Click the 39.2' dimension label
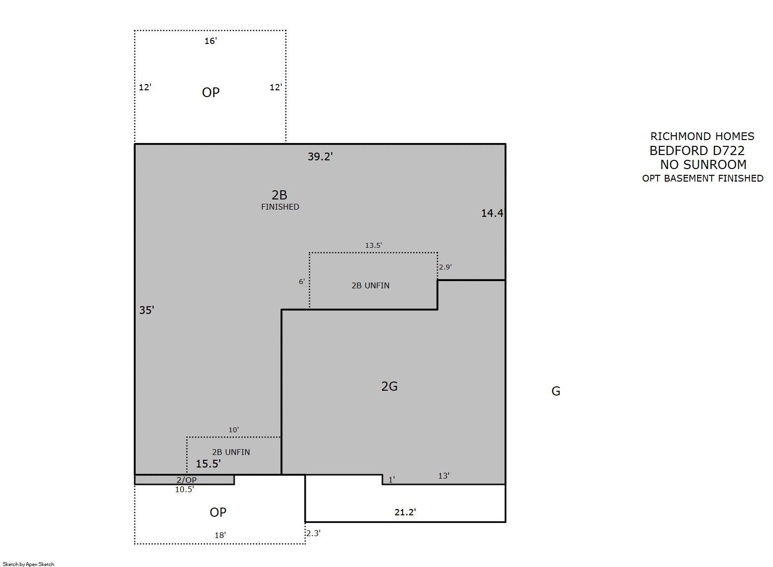320,156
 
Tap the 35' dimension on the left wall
146,310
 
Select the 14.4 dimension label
492,213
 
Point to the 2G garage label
389,386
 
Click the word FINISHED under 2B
280,207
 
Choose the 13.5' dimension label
373,245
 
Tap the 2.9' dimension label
445,267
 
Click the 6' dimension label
302,282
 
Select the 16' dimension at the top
211,41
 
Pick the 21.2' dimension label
405,512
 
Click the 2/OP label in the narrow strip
186,480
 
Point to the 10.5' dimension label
184,489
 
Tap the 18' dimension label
220,535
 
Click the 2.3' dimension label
313,533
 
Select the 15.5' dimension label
208,464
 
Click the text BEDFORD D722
697,151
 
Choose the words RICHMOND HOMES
702,136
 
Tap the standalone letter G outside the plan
556,391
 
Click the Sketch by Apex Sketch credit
28,564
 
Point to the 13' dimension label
444,476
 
